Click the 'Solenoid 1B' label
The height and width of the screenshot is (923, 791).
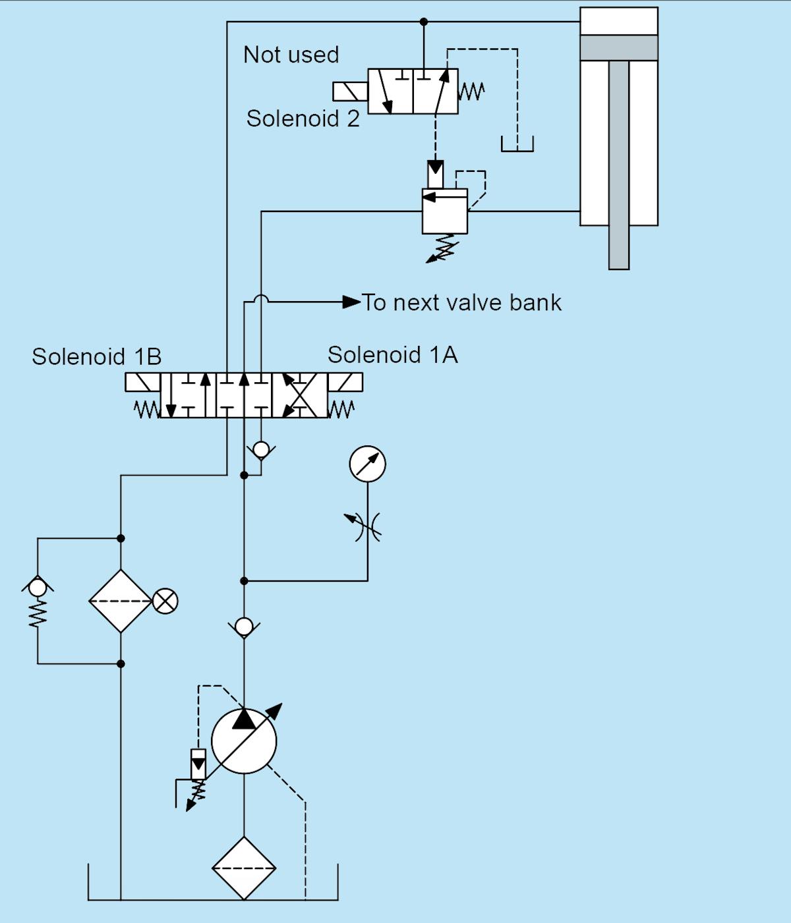pos(96,356)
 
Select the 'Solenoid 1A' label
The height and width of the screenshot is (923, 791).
pos(392,355)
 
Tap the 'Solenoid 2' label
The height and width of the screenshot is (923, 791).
pos(303,119)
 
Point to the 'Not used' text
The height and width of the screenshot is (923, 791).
pos(291,55)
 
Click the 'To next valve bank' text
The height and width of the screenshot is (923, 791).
pos(461,302)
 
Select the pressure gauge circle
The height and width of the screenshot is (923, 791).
pos(367,464)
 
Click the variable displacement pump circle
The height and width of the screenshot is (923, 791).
pos(244,741)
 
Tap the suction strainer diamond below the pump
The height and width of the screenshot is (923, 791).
pos(244,868)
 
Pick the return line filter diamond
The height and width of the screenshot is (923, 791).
pos(121,601)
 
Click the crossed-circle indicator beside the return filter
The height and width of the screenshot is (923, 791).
pos(165,601)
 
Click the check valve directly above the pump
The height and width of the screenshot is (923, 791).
pos(244,627)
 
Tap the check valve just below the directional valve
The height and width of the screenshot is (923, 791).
pos(261,451)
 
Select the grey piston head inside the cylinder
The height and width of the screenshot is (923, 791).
pos(618,47)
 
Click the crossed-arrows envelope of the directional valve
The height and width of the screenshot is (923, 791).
pos(299,395)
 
